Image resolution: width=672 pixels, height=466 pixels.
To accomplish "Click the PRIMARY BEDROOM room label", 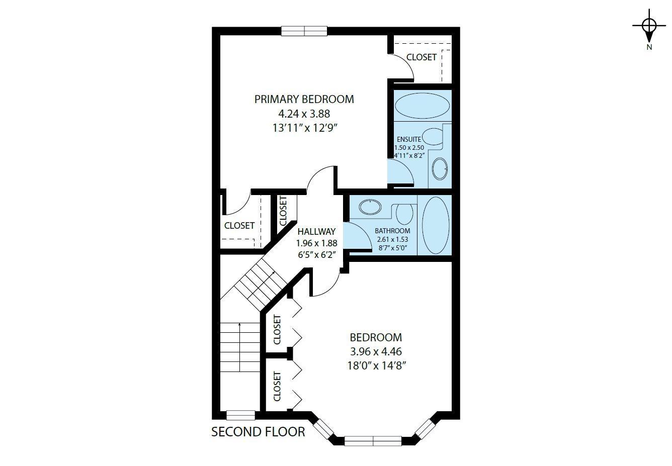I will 304,99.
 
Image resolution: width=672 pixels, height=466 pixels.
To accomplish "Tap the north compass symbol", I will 649,28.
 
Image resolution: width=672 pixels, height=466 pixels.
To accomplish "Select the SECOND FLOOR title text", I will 258,432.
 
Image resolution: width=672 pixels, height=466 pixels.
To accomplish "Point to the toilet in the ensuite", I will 432,136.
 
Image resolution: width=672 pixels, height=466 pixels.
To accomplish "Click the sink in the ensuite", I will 440,169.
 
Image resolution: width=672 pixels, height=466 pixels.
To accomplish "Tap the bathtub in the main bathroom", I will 435,225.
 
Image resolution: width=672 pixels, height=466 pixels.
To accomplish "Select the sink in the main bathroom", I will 371,207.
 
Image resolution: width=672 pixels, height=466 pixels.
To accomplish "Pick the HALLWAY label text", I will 316,232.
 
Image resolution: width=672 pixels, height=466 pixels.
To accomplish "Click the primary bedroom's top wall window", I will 304,31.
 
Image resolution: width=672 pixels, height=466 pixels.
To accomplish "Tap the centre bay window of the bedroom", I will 373,441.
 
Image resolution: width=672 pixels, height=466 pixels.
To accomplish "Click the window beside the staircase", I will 240,415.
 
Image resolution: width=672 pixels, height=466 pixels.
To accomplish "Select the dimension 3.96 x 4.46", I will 376,351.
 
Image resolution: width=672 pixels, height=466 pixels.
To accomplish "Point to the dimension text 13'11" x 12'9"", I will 304,128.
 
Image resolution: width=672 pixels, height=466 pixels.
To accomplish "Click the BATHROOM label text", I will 392,231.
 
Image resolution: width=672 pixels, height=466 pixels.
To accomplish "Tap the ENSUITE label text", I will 408,139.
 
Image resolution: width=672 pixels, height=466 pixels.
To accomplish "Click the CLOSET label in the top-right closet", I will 422,57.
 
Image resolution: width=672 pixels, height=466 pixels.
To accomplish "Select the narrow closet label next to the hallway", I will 283,211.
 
